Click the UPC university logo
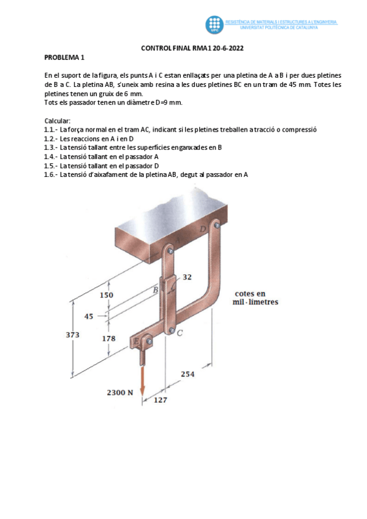click(x=214, y=24)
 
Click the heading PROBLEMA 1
click(x=64, y=58)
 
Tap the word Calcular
click(x=58, y=121)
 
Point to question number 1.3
click(x=51, y=147)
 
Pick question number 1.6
click(x=51, y=174)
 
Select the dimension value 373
click(x=73, y=334)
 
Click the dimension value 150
click(x=107, y=295)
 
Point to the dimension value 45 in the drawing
click(x=89, y=316)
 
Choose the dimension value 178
click(x=108, y=338)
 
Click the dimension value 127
click(x=160, y=400)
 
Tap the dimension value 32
click(x=187, y=277)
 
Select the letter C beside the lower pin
click(x=180, y=333)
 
